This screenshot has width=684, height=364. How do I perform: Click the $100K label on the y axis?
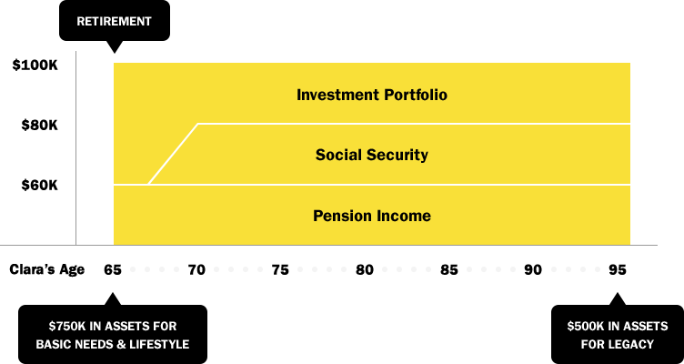35,66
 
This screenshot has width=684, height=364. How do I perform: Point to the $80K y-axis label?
40,126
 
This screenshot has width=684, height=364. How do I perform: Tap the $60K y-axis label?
40,186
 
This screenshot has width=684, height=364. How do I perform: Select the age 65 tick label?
113,270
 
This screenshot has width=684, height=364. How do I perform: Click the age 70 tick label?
196,270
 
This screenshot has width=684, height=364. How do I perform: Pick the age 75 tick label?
280,270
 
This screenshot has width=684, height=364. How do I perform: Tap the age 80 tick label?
365,270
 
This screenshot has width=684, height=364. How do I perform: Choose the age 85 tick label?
449,270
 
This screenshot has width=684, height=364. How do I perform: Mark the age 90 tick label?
533,270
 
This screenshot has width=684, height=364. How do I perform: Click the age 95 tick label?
618,270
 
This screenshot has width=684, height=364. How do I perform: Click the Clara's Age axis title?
47,269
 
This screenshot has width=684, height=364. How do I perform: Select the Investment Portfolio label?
372,95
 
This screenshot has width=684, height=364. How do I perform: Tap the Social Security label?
372,155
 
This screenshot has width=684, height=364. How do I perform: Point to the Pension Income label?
372,216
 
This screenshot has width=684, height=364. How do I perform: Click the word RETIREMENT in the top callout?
115,22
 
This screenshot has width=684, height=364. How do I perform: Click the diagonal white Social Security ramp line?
173,154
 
